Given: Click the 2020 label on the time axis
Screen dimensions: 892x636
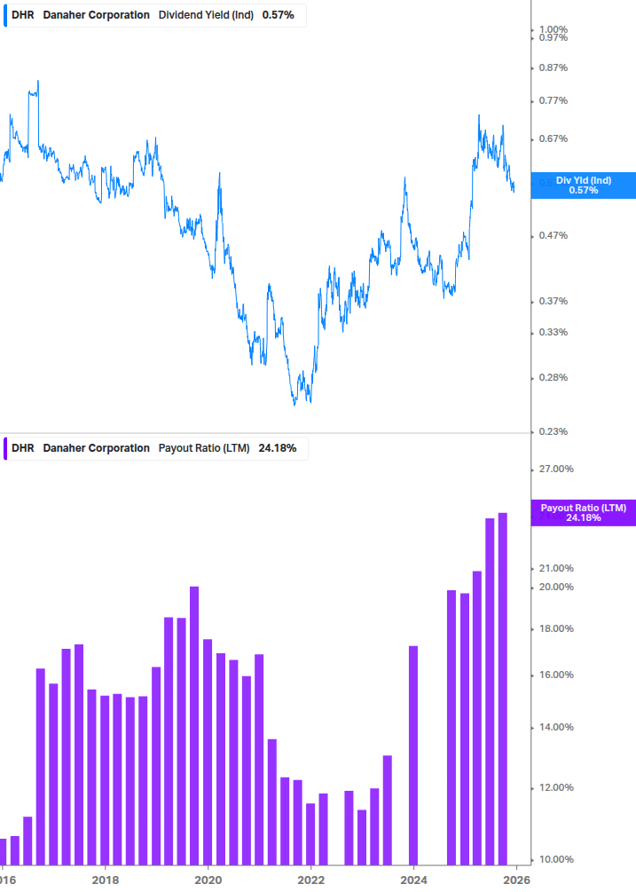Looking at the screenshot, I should [x=208, y=880].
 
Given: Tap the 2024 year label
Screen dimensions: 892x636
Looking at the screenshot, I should [x=413, y=880].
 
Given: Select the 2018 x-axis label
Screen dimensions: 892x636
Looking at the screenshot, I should [x=105, y=880].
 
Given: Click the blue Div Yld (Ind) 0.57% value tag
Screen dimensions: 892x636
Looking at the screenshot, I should [x=583, y=185].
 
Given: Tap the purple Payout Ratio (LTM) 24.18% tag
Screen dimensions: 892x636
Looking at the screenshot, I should [x=583, y=512].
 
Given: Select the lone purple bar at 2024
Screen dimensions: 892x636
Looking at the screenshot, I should [x=412, y=754].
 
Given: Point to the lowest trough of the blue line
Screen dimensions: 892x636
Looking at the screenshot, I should [x=296, y=405].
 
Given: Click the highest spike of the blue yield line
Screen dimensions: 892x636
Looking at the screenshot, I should [x=38, y=82].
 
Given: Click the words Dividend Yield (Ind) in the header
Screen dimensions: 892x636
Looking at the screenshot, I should [x=205, y=15].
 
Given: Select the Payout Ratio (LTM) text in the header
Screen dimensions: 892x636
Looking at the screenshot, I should [x=205, y=448].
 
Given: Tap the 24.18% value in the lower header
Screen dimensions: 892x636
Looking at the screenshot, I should [x=277, y=448].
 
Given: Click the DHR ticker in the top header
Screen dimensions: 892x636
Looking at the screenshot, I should [x=22, y=15].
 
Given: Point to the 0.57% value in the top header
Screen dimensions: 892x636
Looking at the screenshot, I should [x=279, y=15].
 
